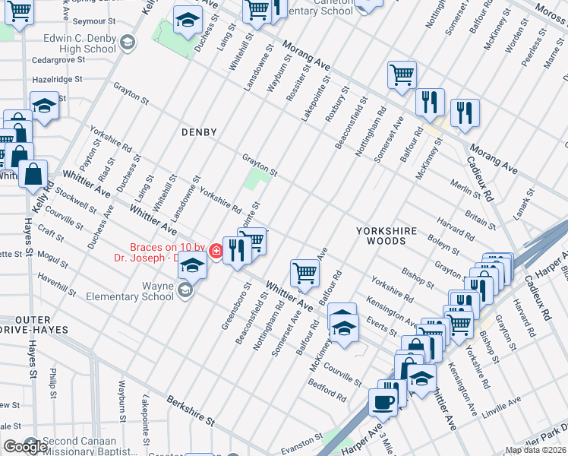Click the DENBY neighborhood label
click(199, 132)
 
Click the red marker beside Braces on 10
click(216, 251)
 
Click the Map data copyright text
click(535, 450)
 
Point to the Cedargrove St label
click(57, 59)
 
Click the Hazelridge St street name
click(56, 79)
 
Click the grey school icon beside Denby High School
click(128, 42)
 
